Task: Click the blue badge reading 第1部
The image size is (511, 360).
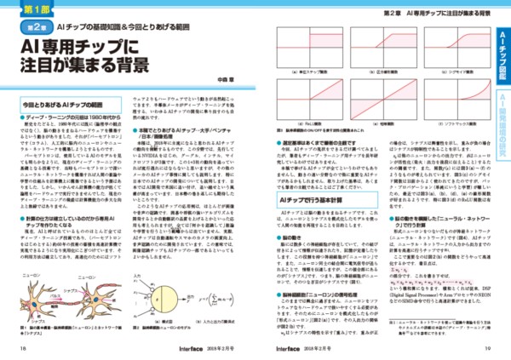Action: pos(37,11)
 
